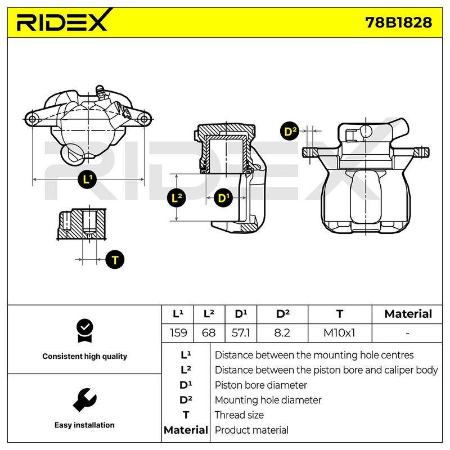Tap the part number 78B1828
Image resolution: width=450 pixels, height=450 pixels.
(398, 22)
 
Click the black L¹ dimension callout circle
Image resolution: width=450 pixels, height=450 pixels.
(87, 179)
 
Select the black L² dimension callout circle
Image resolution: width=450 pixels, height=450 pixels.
(177, 198)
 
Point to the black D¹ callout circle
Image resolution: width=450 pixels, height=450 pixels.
(223, 198)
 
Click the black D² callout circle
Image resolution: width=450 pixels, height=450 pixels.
(290, 131)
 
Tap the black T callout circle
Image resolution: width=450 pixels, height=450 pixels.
(115, 260)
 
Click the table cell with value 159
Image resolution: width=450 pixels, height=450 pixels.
(178, 333)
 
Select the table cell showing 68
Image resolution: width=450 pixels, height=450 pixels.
(209, 333)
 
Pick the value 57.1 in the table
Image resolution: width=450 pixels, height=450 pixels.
(241, 333)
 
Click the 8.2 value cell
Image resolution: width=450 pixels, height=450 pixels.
(282, 333)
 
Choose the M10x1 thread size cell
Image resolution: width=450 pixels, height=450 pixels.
(340, 333)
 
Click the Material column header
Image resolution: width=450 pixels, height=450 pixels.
(408, 314)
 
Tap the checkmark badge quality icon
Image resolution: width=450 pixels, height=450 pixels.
(85, 330)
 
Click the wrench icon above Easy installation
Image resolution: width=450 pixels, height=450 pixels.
(85, 400)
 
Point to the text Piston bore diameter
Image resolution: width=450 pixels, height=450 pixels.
(260, 385)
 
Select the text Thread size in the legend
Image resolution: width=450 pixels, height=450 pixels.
(239, 415)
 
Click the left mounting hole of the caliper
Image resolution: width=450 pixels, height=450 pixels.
(32, 119)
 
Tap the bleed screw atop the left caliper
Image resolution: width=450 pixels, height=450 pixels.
(101, 92)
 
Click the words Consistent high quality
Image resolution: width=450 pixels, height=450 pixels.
(85, 356)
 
